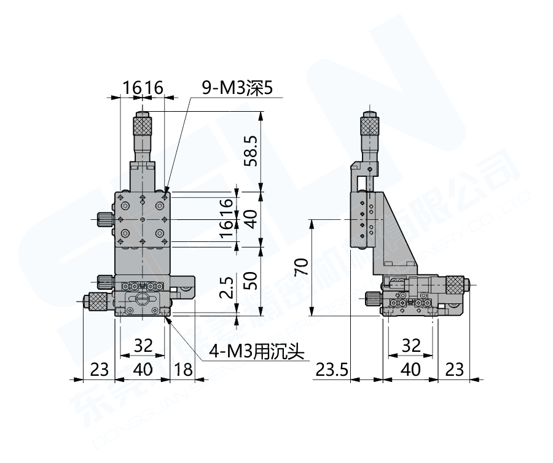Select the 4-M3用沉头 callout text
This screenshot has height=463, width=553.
257,352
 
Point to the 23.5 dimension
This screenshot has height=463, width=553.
332,370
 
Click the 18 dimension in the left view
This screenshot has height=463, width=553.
183,370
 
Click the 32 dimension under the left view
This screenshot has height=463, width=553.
143,346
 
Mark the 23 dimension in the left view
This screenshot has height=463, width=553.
99,370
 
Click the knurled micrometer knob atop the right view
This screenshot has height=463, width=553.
370,126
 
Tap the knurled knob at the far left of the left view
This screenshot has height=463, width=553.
96,300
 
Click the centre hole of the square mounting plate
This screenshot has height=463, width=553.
143,219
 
